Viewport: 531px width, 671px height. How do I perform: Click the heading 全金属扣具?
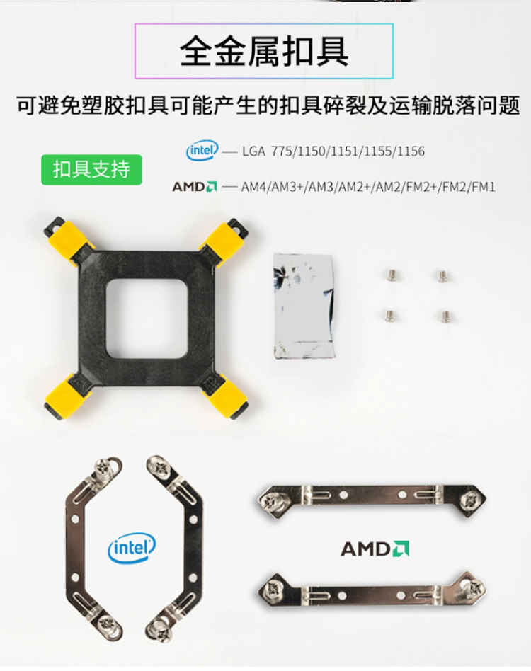[264, 52]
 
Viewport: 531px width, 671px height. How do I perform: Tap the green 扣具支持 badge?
[91, 169]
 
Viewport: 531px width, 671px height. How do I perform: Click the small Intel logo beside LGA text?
[202, 150]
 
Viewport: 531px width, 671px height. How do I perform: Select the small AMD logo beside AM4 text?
[195, 187]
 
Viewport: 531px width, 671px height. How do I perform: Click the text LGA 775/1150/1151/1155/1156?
[333, 151]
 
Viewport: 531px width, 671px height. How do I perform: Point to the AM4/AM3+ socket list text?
[368, 187]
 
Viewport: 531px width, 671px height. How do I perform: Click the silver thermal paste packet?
[304, 306]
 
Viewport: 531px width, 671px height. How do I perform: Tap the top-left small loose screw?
[391, 275]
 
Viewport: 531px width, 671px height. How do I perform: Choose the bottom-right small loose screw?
[446, 316]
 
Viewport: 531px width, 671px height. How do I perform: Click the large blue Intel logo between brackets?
[132, 548]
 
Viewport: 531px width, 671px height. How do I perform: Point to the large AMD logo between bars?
[375, 549]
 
